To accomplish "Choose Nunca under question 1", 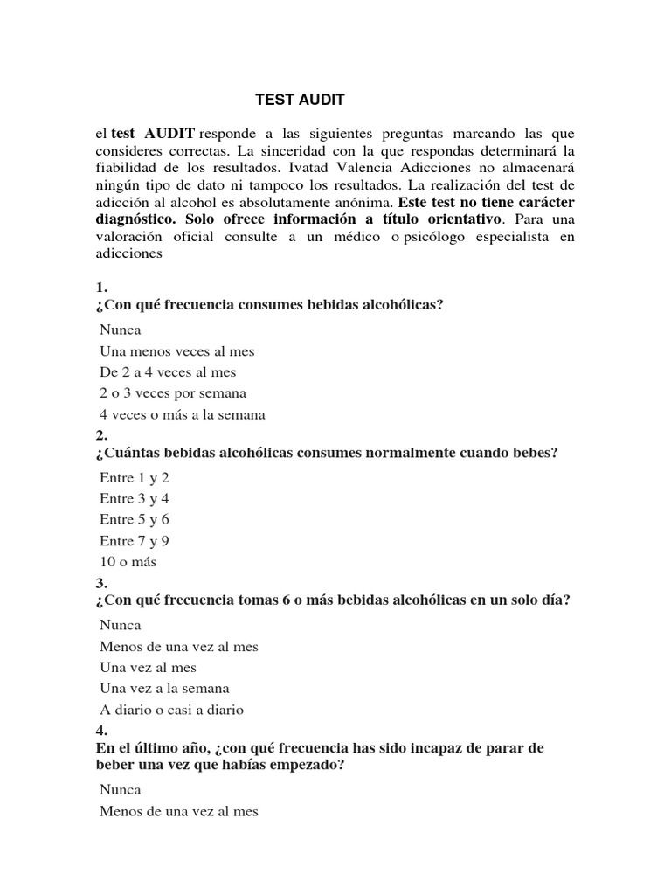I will tap(120, 330).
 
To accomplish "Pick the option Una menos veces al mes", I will tap(176, 351).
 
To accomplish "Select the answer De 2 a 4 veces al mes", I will tap(168, 372).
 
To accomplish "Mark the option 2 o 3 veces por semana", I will tap(173, 393).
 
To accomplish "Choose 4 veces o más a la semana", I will tap(182, 414).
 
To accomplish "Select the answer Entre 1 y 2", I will tap(135, 478).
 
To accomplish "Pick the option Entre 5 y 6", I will tap(135, 520).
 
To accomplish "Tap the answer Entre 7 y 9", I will tap(135, 541).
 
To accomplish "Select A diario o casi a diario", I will tap(171, 710).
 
